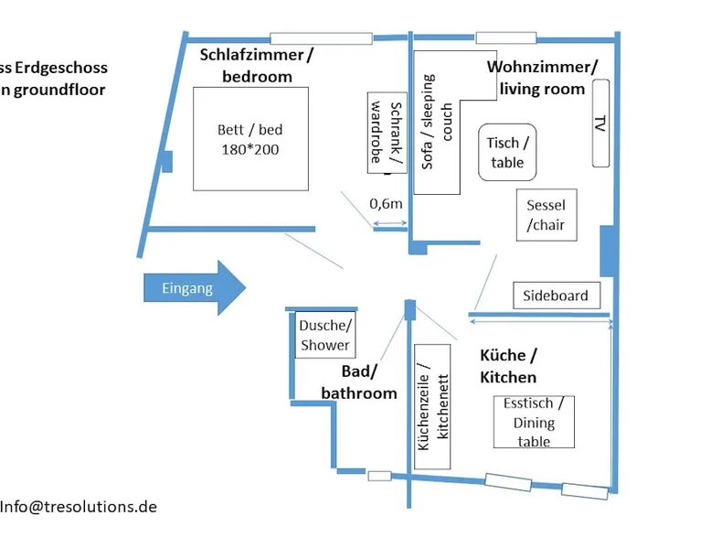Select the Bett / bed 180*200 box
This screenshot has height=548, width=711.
pyautogui.click(x=249, y=138)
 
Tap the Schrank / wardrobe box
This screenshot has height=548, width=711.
pyautogui.click(x=384, y=132)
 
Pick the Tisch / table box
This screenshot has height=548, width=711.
pyautogui.click(x=506, y=152)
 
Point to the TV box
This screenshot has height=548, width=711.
pyautogui.click(x=600, y=123)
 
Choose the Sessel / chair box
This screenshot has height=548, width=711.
pyautogui.click(x=546, y=215)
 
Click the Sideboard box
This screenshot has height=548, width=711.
pyautogui.click(x=557, y=295)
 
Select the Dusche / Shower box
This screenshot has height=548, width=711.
pyautogui.click(x=324, y=335)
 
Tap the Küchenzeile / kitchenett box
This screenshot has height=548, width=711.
pyautogui.click(x=434, y=406)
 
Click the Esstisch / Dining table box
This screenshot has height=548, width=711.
pyautogui.click(x=533, y=421)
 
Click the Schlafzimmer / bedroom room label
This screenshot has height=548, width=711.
pyautogui.click(x=257, y=65)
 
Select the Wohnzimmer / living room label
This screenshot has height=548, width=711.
pyautogui.click(x=542, y=78)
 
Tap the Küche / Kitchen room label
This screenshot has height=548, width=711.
pyautogui.click(x=508, y=365)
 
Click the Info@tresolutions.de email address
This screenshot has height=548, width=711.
pyautogui.click(x=79, y=506)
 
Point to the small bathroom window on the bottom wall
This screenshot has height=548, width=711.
pyautogui.click(x=378, y=476)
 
